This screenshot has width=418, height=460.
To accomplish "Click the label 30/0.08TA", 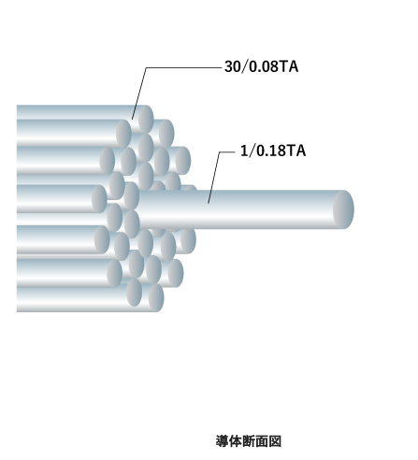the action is tap(261, 66).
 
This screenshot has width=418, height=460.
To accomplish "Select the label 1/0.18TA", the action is tap(273, 151).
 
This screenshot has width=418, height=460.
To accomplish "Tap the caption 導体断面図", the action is tap(249, 441).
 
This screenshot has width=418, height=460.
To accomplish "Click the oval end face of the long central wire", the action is tap(343, 209).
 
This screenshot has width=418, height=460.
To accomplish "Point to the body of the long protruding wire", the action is tap(237, 209).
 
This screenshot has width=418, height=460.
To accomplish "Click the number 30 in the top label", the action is tap(233, 66).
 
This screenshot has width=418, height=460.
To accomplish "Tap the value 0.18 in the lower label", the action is tap(271, 151).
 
